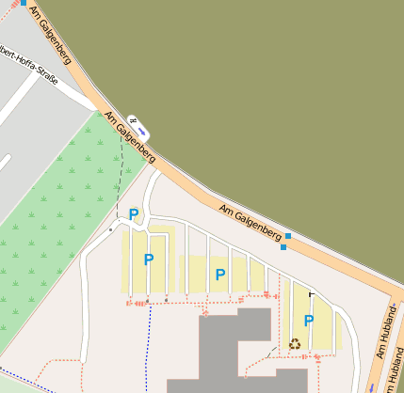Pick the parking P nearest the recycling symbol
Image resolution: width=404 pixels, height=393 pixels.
[308, 320]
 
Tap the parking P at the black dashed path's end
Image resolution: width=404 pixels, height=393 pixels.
[134, 214]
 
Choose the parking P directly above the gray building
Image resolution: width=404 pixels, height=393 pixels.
[220, 275]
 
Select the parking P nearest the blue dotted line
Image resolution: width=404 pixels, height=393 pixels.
[148, 259]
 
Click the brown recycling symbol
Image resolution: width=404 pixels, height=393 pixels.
[295, 343]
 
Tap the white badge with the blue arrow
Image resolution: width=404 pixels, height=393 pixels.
[139, 122]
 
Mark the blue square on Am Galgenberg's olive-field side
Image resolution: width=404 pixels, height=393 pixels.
[289, 235]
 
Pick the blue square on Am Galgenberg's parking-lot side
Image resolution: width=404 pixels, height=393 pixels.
[283, 247]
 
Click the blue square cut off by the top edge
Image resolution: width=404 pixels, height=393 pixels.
[24, 3]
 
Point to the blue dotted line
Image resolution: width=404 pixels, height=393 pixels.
[148, 348]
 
